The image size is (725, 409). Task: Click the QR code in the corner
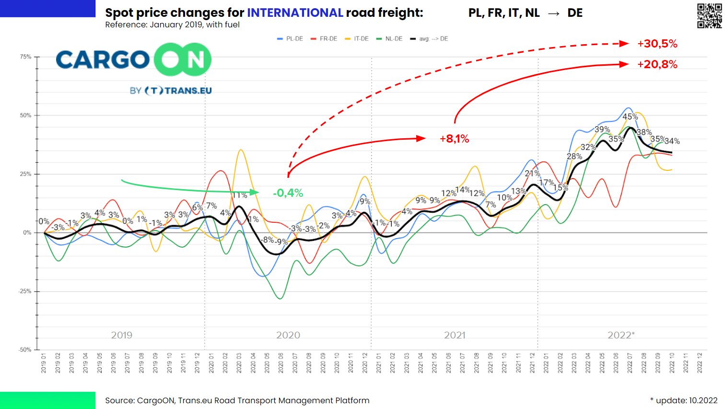point(709,15)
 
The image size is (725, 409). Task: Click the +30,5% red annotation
point(657,44)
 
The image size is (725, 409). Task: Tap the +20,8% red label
point(657,64)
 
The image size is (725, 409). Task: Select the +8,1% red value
point(454,139)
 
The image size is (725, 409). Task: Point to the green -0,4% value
point(288,193)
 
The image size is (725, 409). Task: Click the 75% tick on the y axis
point(25,57)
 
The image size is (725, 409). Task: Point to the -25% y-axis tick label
point(25,291)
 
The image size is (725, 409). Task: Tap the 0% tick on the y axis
point(27,233)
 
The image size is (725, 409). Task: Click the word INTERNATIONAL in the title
point(295,13)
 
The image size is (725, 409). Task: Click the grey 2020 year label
point(288,335)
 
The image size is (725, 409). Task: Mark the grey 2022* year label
point(621,335)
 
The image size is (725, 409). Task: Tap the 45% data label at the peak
point(630,117)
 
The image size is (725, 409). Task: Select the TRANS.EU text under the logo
point(188,91)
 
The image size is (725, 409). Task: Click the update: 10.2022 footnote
point(684,400)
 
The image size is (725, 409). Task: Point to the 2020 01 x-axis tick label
point(211,363)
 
